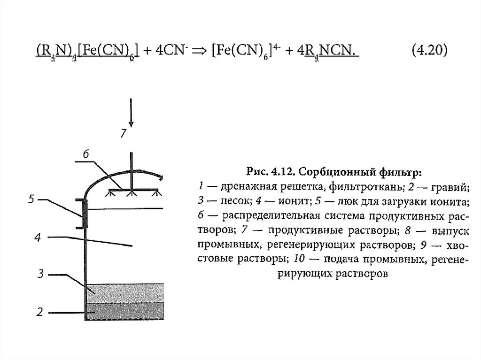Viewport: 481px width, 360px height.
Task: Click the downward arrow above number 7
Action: coord(132,112)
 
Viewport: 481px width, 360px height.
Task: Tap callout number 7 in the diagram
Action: coord(123,134)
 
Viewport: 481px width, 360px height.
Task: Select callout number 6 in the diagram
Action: coord(85,154)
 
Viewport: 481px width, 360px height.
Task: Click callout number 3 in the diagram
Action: coord(41,274)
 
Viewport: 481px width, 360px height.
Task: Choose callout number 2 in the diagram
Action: coord(40,311)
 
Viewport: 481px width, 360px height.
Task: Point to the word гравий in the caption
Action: coord(451,189)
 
